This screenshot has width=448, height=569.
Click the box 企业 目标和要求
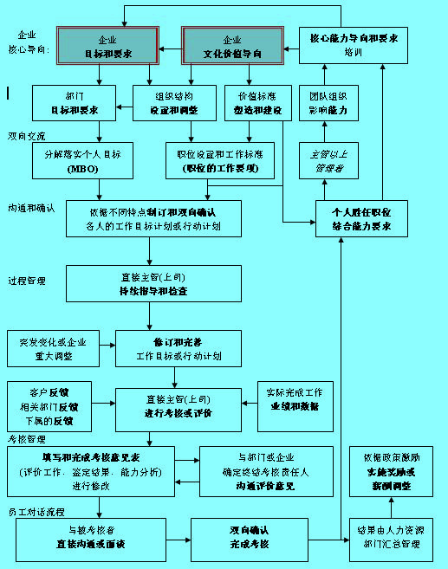107,46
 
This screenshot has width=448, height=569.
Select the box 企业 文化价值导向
232,46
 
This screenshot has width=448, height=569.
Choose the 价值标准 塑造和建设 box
253,102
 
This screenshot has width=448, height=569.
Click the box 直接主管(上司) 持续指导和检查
153,283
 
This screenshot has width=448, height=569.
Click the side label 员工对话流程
36,510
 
